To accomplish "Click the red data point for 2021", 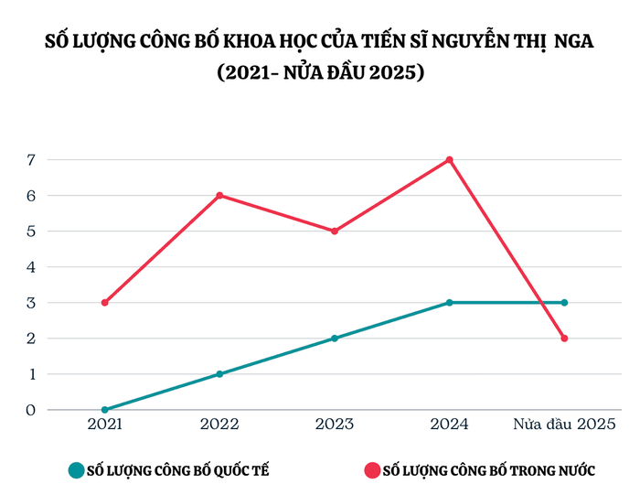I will pos(105,302).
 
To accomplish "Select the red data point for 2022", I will pos(219,195).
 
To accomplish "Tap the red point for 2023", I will pos(335,231).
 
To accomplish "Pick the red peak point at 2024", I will pos(449,159).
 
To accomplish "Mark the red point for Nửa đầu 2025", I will pos(564,338).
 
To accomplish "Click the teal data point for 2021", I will pos(105,409).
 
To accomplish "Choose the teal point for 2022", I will pos(219,373).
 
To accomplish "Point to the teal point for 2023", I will pos(335,338).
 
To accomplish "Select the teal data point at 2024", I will pos(449,302).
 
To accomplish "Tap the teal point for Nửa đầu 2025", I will pos(564,302).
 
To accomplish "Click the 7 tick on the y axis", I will pos(30,159).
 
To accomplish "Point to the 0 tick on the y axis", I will pos(30,409).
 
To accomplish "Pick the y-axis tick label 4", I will pos(30,266).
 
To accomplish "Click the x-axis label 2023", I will pos(335,425).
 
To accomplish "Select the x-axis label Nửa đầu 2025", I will pos(564,425).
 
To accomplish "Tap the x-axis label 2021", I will pos(105,425).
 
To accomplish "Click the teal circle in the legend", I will pos(76,470).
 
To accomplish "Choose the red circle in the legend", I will pos(371,470).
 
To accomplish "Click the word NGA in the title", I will pos(571,42).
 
